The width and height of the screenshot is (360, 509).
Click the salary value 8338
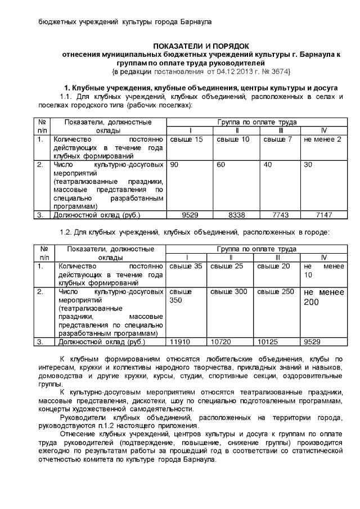(x=236, y=215)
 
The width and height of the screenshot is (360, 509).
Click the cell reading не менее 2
(x=322, y=139)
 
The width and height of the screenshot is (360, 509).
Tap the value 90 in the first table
(x=174, y=165)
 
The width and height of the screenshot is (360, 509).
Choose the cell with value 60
(x=221, y=165)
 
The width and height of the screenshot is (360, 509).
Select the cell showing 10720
(x=220, y=341)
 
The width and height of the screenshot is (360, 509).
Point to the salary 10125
(x=268, y=341)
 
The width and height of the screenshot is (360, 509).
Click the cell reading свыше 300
(x=228, y=291)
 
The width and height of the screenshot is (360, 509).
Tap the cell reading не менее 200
(x=323, y=296)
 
